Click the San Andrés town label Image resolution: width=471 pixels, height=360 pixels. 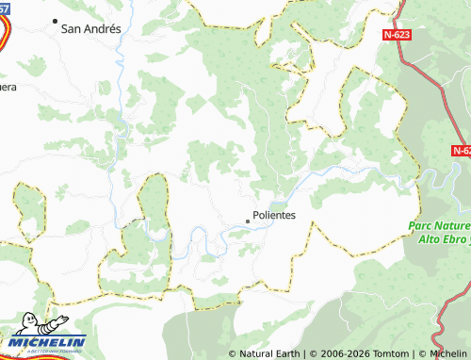click(90, 29)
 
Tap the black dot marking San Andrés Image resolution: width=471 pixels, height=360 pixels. click(55, 21)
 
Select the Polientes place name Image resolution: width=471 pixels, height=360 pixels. click(274, 215)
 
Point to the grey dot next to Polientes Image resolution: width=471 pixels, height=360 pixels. click(248, 221)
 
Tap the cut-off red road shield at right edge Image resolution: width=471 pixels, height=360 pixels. click(461, 150)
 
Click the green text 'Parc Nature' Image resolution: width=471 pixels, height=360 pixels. click(440, 226)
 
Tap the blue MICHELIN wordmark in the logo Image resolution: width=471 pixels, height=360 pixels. click(48, 342)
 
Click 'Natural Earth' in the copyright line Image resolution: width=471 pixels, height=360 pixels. click(269, 354)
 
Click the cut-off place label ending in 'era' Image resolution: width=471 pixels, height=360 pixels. click(8, 87)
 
